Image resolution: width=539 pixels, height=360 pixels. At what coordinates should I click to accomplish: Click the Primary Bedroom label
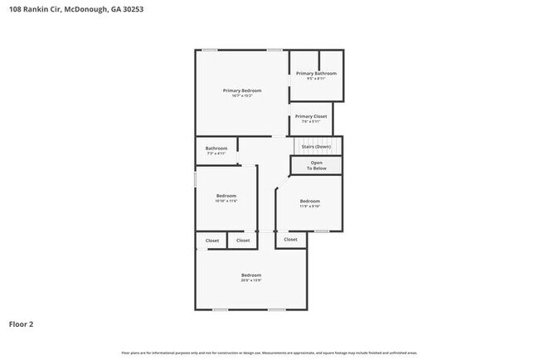click(x=242, y=90)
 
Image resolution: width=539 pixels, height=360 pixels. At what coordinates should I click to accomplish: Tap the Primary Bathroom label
click(x=316, y=73)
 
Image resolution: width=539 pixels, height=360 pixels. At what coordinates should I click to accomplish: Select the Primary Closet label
click(x=311, y=116)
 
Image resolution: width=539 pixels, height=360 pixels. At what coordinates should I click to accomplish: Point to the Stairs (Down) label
click(x=316, y=147)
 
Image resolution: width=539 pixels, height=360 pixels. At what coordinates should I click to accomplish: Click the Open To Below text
click(x=317, y=165)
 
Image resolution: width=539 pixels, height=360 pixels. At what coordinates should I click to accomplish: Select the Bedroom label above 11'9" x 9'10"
click(x=309, y=201)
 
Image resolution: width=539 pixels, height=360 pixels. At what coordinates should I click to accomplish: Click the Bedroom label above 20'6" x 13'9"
click(x=251, y=275)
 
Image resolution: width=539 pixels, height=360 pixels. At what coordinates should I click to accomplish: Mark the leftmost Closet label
click(x=212, y=241)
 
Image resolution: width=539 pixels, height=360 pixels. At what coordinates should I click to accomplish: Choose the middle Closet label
click(x=242, y=241)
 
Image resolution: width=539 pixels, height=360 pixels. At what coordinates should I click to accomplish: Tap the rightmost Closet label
click(x=290, y=239)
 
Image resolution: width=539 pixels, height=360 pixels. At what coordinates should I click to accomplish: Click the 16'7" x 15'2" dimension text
click(x=242, y=95)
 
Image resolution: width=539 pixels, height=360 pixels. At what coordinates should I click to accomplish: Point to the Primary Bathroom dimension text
click(x=316, y=79)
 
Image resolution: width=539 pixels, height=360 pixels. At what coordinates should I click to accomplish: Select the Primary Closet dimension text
click(x=311, y=122)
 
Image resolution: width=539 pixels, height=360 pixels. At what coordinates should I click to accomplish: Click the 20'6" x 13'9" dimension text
click(x=251, y=280)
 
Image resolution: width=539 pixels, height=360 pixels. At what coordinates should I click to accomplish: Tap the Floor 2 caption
click(x=21, y=324)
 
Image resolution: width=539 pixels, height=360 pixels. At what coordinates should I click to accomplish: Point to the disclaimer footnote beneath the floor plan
click(x=269, y=353)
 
